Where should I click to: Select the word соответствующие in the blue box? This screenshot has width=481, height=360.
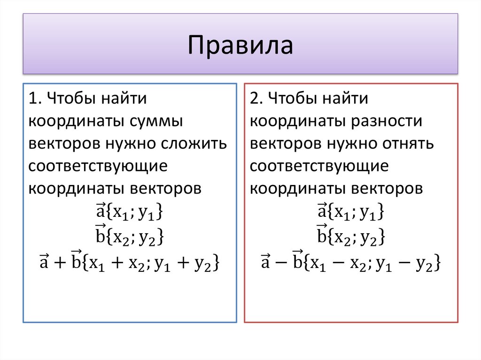tap(98, 166)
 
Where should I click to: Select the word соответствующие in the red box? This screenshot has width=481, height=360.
tap(319, 166)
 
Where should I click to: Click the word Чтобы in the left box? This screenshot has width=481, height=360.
tap(70, 99)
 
